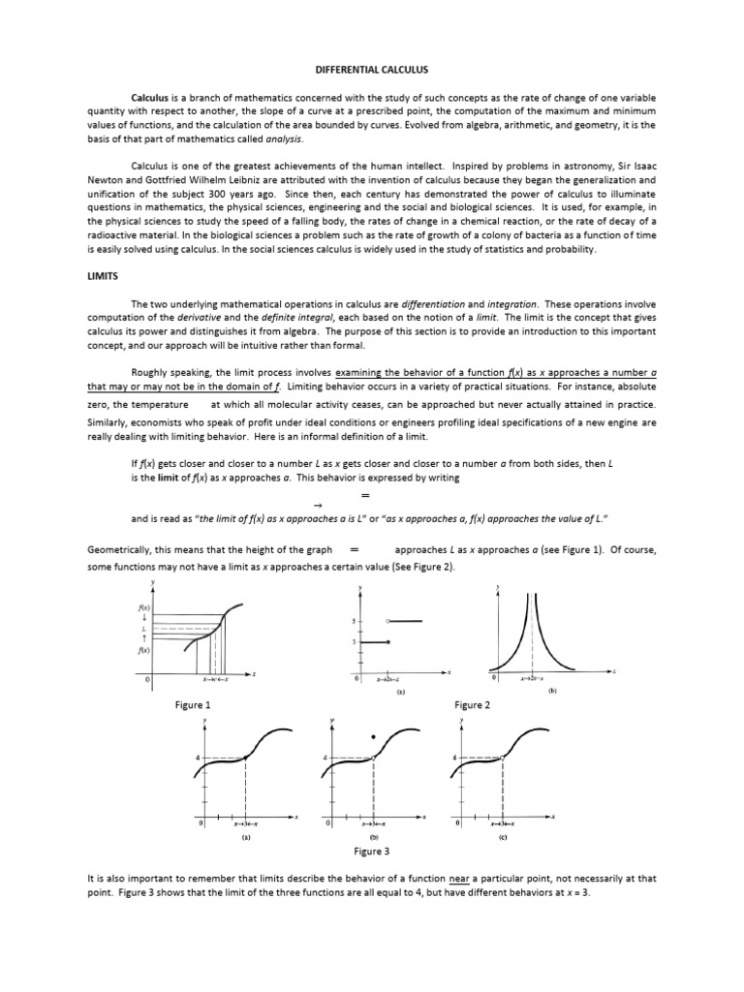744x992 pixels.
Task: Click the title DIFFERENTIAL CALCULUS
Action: pos(373,71)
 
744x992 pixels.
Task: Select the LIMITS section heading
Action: pos(102,276)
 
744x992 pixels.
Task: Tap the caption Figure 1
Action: pos(192,705)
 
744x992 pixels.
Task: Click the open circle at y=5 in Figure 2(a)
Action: pos(387,620)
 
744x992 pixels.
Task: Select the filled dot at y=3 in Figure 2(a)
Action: pos(387,641)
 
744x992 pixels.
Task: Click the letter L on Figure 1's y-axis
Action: pos(143,628)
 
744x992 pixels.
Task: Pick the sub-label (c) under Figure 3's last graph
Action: pos(503,835)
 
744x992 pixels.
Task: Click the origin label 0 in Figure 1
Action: pos(147,682)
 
